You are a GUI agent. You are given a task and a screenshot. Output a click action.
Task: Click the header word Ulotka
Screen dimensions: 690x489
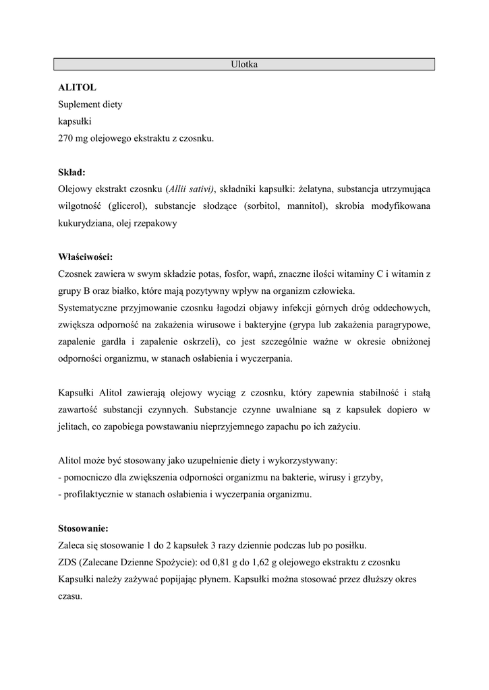[x=244, y=65]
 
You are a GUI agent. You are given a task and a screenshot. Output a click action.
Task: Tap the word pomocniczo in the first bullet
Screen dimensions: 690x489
[x=87, y=477]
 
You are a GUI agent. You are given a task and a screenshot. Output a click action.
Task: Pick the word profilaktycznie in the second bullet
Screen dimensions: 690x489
[x=93, y=494]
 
